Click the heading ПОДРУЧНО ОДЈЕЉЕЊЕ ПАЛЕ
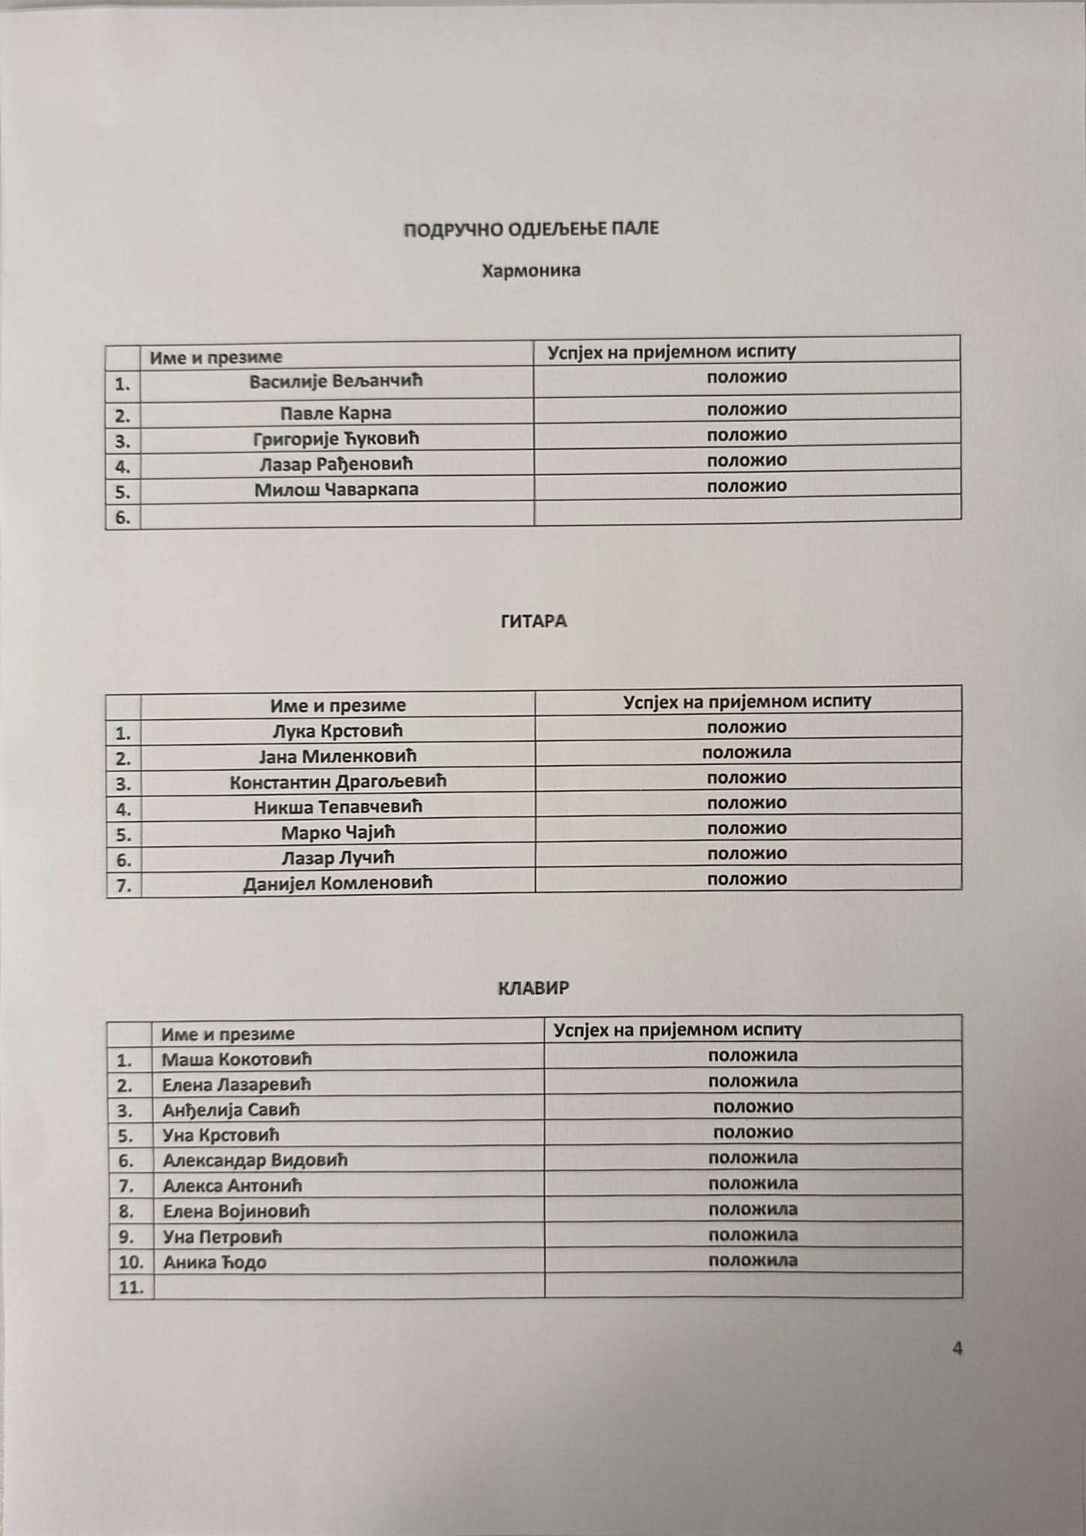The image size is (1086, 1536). (531, 229)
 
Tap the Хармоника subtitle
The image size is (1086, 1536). (531, 270)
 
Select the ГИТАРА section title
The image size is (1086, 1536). (533, 621)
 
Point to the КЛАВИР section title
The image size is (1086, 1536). (533, 988)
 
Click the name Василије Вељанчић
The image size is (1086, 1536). (336, 381)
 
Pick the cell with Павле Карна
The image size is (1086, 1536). (336, 412)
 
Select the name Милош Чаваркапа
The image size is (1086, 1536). (336, 490)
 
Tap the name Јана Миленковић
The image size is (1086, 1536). (337, 756)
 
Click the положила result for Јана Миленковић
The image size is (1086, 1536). (746, 751)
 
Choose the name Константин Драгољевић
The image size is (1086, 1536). (337, 781)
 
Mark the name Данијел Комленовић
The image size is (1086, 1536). (337, 883)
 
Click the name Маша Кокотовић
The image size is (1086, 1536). (237, 1059)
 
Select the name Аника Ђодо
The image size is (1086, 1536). (214, 1262)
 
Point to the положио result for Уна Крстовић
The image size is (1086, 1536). (752, 1132)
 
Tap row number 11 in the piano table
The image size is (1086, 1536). (130, 1288)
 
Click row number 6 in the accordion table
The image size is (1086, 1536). (123, 517)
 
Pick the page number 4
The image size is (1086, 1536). (957, 1348)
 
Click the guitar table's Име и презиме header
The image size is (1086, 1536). (337, 705)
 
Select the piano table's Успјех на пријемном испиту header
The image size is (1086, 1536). (677, 1029)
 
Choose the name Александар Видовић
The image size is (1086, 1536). (255, 1160)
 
